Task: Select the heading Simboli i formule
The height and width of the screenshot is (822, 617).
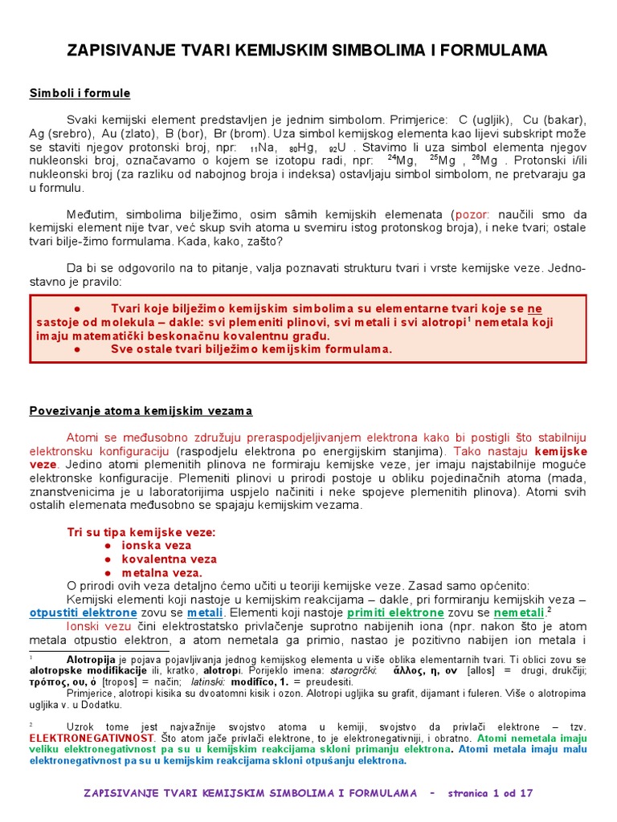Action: click(x=80, y=94)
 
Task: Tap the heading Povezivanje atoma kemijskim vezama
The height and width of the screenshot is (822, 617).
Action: click(x=141, y=411)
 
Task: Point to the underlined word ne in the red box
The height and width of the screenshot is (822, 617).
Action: click(x=534, y=308)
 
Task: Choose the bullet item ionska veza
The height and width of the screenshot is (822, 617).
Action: click(x=157, y=545)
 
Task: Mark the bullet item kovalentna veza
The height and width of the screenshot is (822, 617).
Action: click(x=169, y=559)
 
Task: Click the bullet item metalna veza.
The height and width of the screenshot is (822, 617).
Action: click(x=161, y=573)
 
